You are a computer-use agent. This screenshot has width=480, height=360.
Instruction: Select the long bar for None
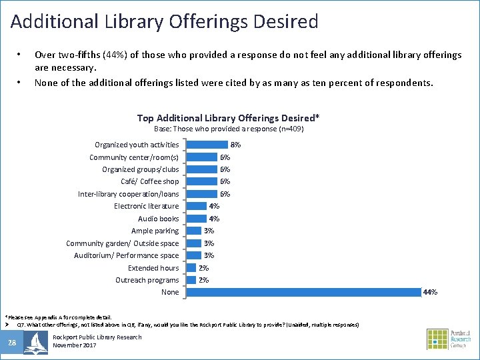303,292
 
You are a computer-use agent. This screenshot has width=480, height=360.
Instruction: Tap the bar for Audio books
195,219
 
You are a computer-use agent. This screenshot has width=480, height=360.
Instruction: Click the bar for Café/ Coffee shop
201,181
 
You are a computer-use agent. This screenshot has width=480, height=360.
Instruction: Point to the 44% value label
430,293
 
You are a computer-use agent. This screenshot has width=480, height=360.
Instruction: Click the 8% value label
235,145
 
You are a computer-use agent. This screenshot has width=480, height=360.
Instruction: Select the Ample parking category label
155,231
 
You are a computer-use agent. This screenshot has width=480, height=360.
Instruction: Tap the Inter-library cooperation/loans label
128,194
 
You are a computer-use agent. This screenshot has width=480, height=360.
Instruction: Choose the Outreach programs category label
147,280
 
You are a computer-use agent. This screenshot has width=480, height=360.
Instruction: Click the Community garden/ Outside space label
122,243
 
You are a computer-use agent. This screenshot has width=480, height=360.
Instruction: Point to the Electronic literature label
146,206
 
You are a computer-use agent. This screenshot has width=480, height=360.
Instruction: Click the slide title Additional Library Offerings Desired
164,21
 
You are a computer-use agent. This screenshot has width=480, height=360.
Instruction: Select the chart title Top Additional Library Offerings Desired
228,117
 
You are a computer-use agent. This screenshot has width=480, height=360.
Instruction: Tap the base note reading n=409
229,129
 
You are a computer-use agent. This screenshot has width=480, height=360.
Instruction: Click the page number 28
12,343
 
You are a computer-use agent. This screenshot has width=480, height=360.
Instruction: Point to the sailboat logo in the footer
35,343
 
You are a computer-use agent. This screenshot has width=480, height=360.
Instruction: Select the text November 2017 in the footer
75,345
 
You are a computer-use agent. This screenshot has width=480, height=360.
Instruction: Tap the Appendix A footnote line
59,317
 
